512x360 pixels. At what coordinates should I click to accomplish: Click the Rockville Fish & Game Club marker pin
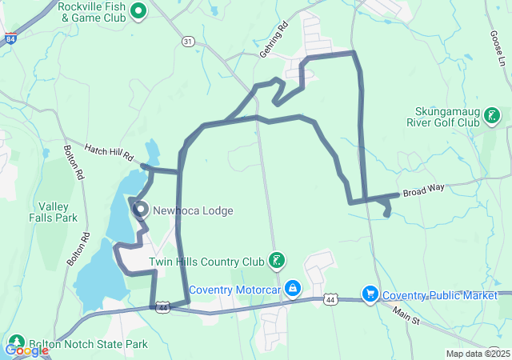pyautogui.click(x=138, y=10)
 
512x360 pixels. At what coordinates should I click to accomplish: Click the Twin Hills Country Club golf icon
pyautogui.click(x=276, y=261)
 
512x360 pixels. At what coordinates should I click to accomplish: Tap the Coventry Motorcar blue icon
pyautogui.click(x=294, y=288)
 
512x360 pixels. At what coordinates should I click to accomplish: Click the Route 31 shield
pyautogui.click(x=188, y=41)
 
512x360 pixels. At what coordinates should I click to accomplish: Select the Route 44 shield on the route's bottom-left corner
pyautogui.click(x=162, y=306)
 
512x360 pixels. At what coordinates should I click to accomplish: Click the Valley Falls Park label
pyautogui.click(x=58, y=211)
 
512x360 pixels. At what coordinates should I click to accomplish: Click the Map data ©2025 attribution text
pyautogui.click(x=478, y=354)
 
